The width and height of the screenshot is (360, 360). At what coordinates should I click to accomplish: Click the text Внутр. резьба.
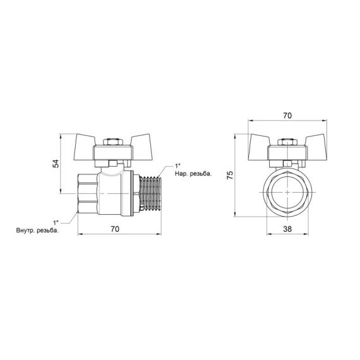point(37,230)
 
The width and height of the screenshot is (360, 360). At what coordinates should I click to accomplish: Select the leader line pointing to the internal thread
point(68,215)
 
